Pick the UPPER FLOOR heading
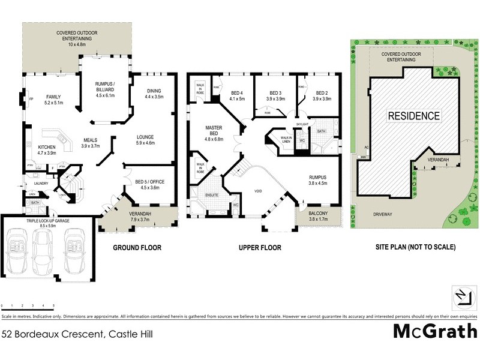[260, 247]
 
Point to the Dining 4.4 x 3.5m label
[154, 94]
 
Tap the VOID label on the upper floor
[258, 191]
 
